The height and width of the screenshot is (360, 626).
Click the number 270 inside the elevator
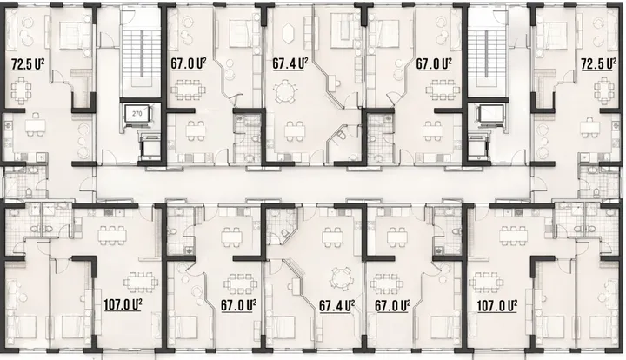(x=137, y=114)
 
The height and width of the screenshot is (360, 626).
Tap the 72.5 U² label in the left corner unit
(x=27, y=63)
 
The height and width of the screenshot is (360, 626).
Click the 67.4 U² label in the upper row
(x=290, y=63)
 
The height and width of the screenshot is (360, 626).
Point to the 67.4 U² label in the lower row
(x=336, y=306)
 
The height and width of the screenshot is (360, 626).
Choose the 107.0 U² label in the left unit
(x=123, y=305)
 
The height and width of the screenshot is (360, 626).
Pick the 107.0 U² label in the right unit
(x=497, y=306)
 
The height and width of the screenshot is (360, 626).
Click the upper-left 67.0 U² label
(x=189, y=63)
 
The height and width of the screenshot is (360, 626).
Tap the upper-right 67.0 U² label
(x=434, y=63)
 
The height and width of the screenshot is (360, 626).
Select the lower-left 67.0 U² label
(x=238, y=305)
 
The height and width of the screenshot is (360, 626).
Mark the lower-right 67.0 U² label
(x=392, y=306)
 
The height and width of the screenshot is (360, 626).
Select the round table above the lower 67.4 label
(x=341, y=277)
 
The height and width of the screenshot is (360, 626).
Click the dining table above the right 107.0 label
(x=488, y=283)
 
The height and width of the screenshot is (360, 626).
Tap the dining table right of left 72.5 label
(x=19, y=90)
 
